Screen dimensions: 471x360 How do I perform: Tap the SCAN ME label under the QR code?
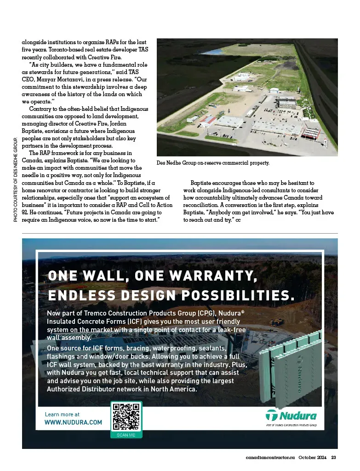(126, 435)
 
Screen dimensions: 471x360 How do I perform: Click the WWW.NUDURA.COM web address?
(73, 422)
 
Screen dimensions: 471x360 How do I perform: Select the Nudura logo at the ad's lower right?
(291, 416)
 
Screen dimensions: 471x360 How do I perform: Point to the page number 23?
(334, 457)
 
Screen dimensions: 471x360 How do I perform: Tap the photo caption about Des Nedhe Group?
(212, 163)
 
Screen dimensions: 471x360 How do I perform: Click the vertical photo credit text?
(15, 180)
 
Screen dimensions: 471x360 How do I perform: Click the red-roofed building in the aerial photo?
(208, 120)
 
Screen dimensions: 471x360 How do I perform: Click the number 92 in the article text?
(26, 213)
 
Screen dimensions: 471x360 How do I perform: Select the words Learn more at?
(62, 414)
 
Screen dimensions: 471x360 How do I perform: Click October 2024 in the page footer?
(312, 457)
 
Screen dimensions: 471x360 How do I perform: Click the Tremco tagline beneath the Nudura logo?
(291, 425)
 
